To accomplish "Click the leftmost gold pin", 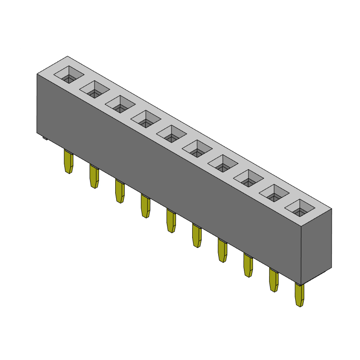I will (x=68, y=162).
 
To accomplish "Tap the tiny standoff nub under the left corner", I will (x=45, y=137).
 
